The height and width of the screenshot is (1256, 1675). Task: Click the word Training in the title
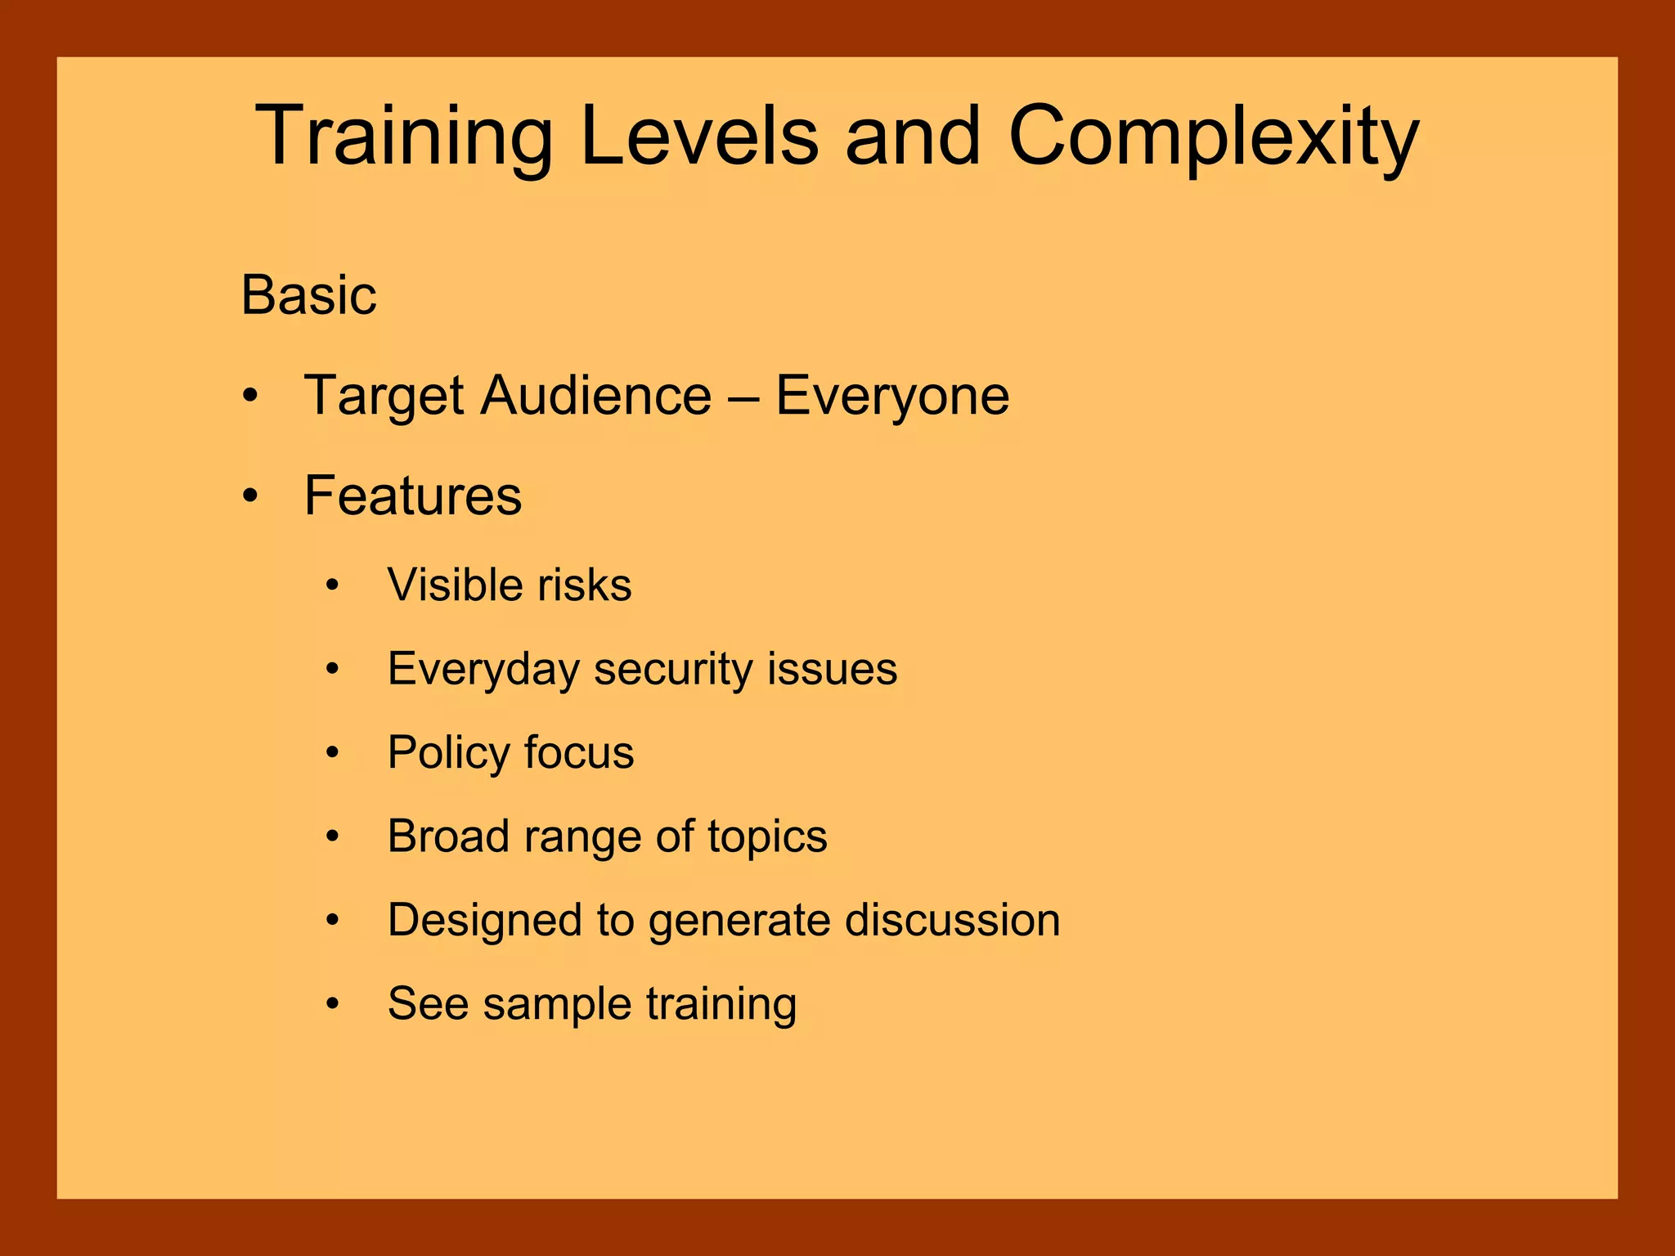click(404, 137)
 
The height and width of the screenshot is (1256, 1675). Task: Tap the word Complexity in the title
click(1214, 137)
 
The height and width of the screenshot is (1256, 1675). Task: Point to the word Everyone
click(892, 397)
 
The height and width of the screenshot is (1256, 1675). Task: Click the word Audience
click(596, 396)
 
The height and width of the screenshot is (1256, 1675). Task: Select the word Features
click(412, 496)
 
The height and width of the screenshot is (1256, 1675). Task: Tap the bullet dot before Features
click(250, 496)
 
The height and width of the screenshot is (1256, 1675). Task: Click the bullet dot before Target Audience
click(250, 397)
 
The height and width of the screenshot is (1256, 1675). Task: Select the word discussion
click(953, 920)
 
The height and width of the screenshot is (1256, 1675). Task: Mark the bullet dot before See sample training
click(332, 1004)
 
